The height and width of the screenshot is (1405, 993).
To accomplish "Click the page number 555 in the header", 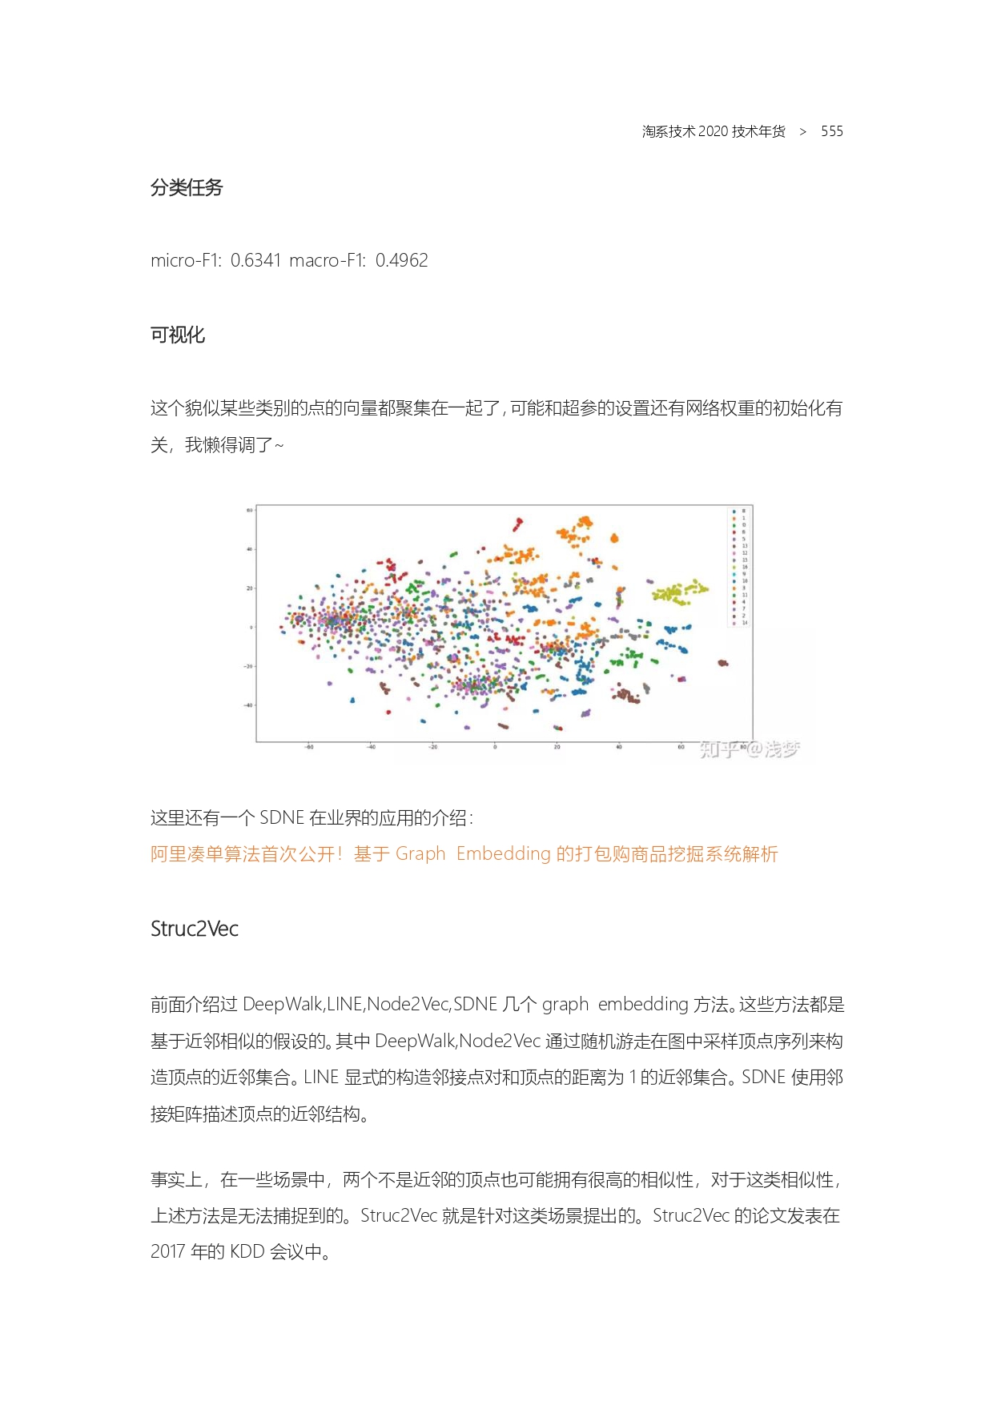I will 831,131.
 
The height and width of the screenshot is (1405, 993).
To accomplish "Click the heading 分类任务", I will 187,187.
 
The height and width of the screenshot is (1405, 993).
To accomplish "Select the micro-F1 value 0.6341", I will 255,260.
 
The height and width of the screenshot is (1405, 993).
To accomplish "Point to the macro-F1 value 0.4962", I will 401,260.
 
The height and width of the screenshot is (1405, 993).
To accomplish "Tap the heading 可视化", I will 178,335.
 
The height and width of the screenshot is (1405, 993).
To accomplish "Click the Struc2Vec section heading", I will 195,929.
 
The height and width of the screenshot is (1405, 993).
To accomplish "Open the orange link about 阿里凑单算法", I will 464,853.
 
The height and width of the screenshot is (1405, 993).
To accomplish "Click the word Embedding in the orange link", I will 503,853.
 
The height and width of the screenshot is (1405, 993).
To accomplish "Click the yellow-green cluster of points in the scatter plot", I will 679,592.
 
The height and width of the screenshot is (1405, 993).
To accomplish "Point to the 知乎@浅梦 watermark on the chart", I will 749,749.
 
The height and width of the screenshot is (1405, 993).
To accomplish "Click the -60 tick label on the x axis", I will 309,748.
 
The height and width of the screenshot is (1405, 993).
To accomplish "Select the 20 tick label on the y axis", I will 249,588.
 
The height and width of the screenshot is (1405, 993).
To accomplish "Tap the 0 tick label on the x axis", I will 495,748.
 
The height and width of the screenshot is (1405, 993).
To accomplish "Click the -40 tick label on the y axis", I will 248,705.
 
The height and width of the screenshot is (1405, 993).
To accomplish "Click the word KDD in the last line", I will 247,1251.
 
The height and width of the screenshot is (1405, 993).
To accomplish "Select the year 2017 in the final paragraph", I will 167,1251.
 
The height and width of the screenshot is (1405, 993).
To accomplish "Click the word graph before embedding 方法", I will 565,1004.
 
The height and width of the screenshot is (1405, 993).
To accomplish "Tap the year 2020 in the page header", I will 713,131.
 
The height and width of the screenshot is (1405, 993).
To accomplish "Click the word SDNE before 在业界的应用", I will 282,817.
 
